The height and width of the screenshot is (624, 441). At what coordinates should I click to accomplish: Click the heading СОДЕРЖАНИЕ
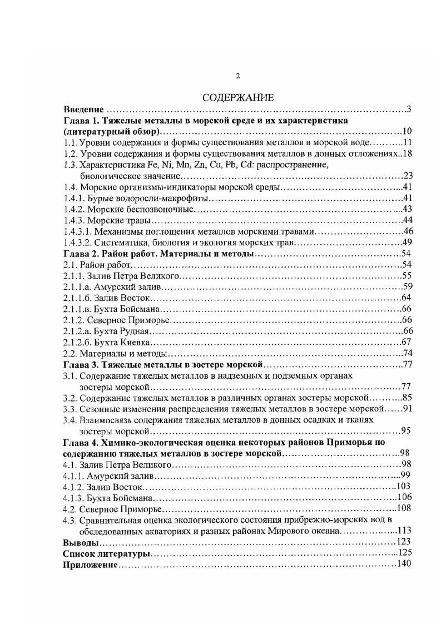pos(237,98)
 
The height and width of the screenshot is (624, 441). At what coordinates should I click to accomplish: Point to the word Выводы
pos(81,542)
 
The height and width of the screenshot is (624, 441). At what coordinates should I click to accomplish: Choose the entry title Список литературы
pos(107,553)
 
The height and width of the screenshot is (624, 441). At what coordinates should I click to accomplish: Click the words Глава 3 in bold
pos(81,365)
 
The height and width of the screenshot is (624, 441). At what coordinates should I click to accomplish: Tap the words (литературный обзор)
pos(111,131)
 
